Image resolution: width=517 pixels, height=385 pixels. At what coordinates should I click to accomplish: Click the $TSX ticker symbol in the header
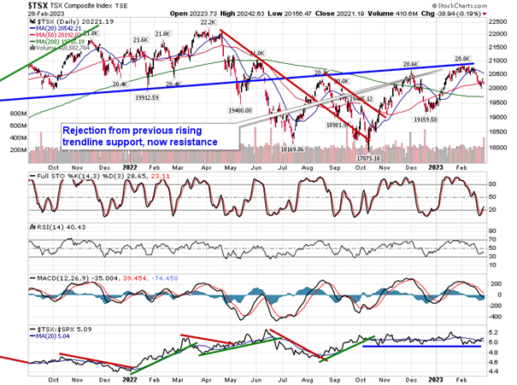pyautogui.click(x=17, y=6)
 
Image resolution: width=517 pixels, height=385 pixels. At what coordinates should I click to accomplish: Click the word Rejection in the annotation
pyautogui.click(x=86, y=129)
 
